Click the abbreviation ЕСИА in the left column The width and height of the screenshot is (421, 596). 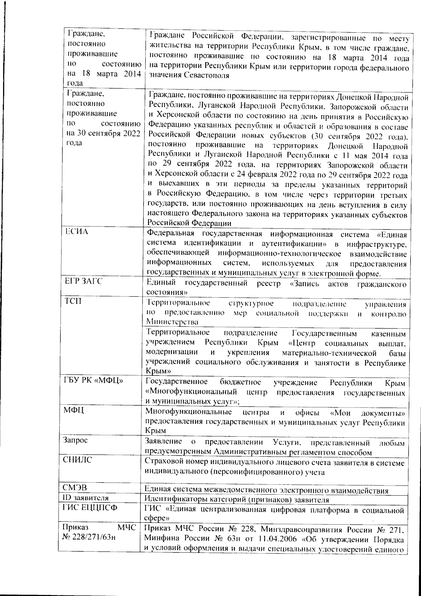coord(76,232)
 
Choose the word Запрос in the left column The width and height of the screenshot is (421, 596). coord(75,441)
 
